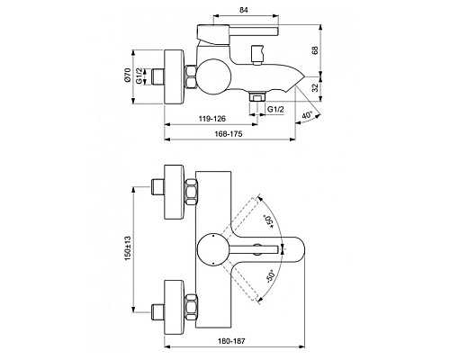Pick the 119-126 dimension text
click(x=208, y=117)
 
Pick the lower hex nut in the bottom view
click(x=191, y=307)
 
